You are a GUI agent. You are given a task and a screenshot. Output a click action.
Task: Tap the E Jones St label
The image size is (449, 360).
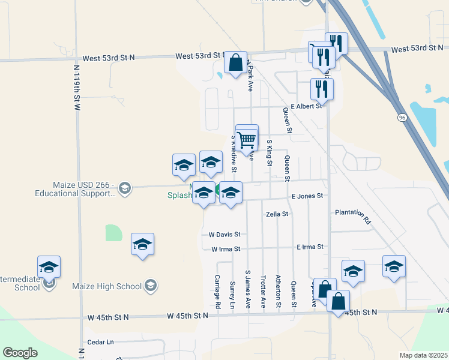click(x=307, y=196)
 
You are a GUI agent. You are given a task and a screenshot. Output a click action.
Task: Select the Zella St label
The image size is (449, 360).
click(x=277, y=214)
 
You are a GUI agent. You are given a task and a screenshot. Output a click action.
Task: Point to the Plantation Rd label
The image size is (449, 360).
click(x=353, y=216)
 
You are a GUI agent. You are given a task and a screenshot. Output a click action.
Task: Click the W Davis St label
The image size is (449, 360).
click(x=224, y=234)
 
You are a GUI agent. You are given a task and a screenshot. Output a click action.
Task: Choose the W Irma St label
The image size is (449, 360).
click(x=225, y=248)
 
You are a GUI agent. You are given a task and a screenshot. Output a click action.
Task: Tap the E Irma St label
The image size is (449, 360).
click(x=310, y=247)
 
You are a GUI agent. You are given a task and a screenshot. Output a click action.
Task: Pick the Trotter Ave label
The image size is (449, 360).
click(x=263, y=292)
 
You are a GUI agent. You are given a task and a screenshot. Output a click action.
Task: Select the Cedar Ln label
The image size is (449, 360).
click(x=100, y=342)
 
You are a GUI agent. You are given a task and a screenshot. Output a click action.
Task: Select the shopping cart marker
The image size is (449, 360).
click(x=247, y=139)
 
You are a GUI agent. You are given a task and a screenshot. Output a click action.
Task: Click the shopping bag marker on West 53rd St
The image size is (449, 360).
click(x=235, y=62)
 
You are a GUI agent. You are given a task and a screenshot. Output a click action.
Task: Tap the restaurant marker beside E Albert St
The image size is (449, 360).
click(x=322, y=89)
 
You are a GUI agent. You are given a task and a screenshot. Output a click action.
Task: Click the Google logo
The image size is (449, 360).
click(x=20, y=353)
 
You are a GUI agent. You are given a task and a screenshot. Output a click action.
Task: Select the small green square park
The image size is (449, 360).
click(x=113, y=233)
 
